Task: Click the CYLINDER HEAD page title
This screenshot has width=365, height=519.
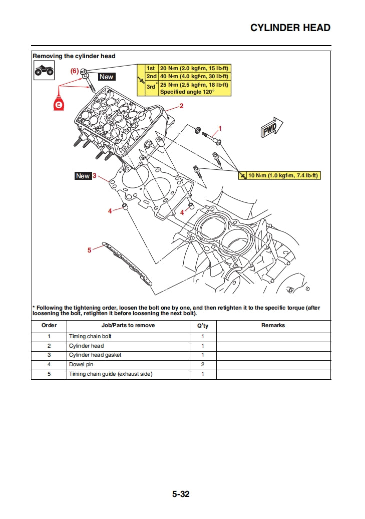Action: click(x=290, y=28)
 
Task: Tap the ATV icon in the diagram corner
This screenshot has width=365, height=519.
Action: click(x=44, y=71)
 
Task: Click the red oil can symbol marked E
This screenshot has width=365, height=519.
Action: click(x=59, y=104)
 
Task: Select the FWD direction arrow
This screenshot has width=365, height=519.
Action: click(x=271, y=128)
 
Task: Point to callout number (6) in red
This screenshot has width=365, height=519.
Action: click(x=74, y=71)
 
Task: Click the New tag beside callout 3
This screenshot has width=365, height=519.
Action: click(x=83, y=176)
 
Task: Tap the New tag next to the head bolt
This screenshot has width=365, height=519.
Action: click(x=106, y=77)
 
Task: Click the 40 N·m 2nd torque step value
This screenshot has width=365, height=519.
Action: click(x=194, y=76)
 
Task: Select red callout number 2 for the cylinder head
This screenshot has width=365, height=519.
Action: click(x=181, y=106)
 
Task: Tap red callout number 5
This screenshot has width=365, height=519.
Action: click(x=90, y=250)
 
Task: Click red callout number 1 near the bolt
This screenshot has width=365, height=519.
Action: click(x=219, y=128)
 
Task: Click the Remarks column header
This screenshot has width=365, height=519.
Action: click(x=273, y=325)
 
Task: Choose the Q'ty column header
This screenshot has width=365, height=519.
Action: click(x=203, y=325)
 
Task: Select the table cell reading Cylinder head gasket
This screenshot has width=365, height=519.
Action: click(x=95, y=355)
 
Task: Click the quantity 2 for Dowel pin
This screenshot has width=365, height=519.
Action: click(x=203, y=365)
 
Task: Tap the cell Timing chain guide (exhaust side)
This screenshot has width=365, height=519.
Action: click(x=111, y=374)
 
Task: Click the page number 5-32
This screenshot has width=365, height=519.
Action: click(x=181, y=494)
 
